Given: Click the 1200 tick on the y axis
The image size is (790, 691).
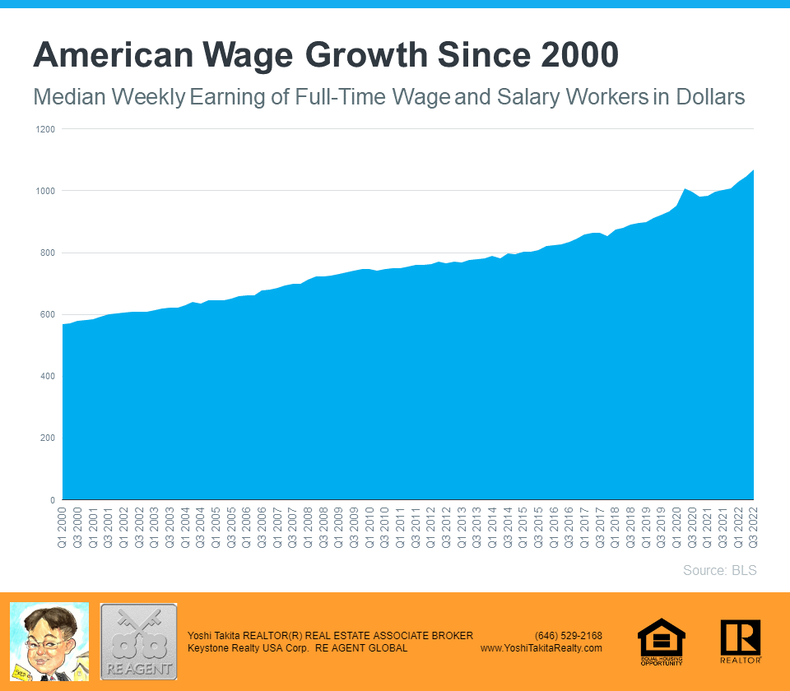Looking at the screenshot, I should coord(44,129).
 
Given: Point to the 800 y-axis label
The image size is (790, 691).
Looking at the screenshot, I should coord(47,253).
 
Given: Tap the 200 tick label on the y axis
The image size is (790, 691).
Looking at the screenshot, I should coord(47,438).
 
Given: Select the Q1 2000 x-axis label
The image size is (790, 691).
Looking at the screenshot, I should coord(63,528).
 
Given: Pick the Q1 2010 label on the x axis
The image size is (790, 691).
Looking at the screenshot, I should coord(370,528).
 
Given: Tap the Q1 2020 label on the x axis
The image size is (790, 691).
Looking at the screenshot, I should coord(677,528).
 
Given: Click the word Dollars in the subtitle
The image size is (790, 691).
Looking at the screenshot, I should coord(709,97).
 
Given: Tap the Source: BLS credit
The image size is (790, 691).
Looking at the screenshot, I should coord(719,570).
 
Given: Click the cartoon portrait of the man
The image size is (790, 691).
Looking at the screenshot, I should coord(49,642).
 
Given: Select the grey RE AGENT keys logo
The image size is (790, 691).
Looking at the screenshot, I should coord(138,642).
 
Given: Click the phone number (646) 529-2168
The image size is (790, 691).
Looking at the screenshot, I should coord(568,636).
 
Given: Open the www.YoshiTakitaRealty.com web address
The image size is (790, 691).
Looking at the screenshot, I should coord(541,648).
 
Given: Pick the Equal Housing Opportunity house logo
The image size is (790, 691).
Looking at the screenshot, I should coord(661,642).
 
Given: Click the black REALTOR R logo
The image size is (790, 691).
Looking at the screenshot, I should coord(740,641).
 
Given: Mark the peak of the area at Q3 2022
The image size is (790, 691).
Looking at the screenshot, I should coord(753,170).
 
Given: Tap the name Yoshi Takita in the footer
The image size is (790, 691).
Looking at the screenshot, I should coord(214,636).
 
